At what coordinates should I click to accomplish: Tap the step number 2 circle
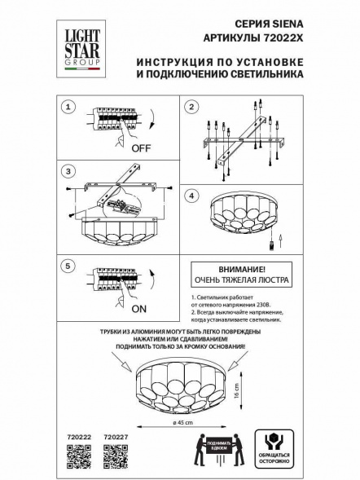(x=191, y=107)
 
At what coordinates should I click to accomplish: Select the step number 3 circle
(x=69, y=171)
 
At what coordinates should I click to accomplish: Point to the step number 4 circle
(x=191, y=196)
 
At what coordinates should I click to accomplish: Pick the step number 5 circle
(x=69, y=265)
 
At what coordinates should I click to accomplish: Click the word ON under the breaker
(x=139, y=309)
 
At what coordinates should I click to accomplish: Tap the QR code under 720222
(x=77, y=458)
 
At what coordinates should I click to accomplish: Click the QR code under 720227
(x=116, y=458)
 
